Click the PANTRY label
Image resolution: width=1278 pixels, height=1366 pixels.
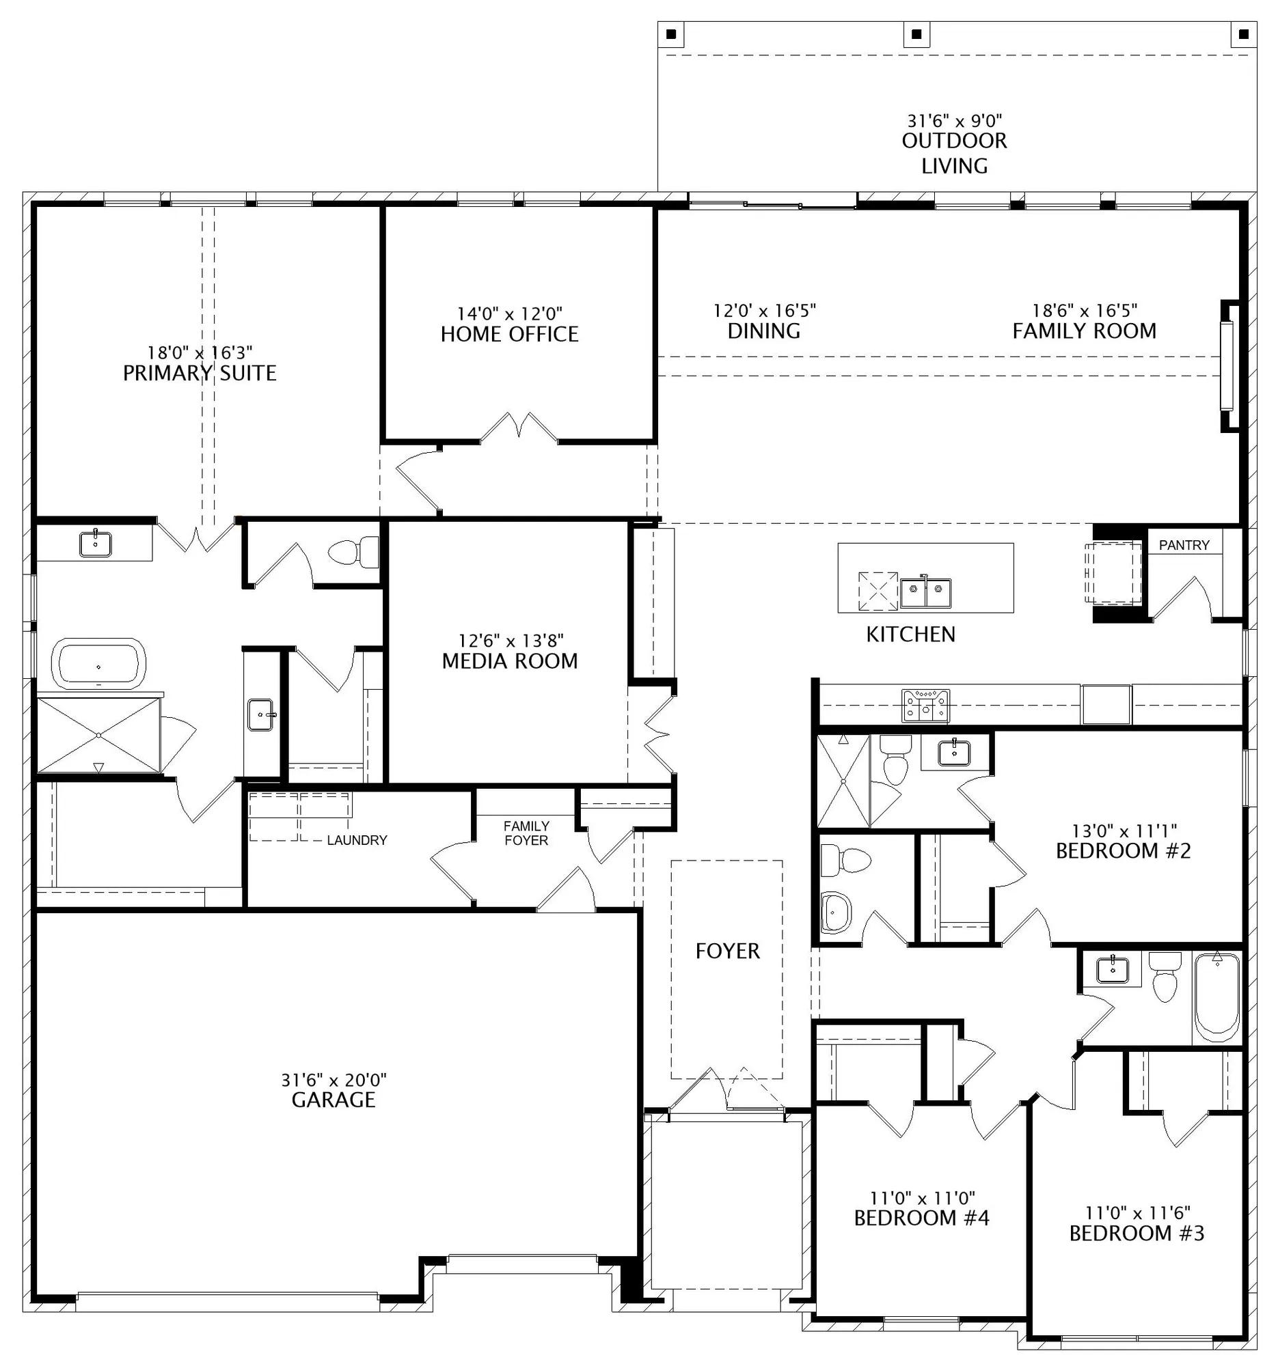point(1184,545)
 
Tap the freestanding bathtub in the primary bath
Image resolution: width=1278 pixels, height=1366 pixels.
point(100,664)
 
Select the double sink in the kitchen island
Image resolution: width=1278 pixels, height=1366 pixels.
point(926,593)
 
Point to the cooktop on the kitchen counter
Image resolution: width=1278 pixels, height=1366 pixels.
point(925,706)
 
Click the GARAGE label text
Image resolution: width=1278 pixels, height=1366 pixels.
point(334,1100)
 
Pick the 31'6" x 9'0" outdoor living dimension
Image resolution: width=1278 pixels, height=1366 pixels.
point(954,121)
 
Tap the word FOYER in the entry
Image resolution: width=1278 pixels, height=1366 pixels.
point(727,951)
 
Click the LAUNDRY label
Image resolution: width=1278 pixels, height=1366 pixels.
point(357,839)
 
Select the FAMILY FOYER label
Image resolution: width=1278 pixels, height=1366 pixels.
point(526,833)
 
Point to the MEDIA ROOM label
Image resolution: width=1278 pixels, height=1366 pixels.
point(509,661)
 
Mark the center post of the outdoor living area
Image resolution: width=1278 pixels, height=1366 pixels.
point(916,33)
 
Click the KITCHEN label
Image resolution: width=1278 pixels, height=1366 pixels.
point(910,635)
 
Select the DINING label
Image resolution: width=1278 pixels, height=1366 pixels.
point(764,331)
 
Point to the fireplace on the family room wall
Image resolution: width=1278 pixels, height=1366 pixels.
point(1229,365)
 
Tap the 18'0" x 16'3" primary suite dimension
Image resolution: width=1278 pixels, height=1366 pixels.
point(200,352)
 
